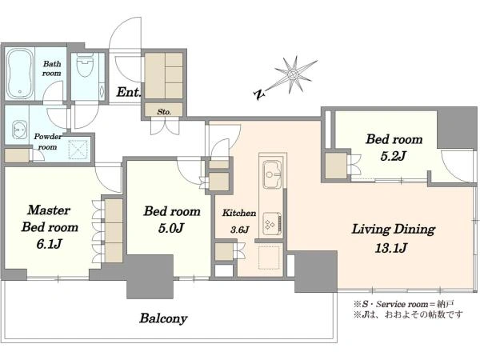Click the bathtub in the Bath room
pos(19,74)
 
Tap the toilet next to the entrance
pos(85,65)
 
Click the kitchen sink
pos(272,174)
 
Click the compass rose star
pos(293,74)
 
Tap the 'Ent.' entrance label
pos(129,92)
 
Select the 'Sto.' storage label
pos(164,112)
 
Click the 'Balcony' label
pos(163,318)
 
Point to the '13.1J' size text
pos(391,248)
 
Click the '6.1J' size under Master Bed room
pos(50,244)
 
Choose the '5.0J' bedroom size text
pos(171,228)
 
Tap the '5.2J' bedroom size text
pos(393,157)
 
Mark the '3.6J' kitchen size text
pos(240,230)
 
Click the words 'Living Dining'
pos(394,230)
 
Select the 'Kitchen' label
pos(239,213)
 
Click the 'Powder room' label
pos(48,142)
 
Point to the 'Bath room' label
pos(52,69)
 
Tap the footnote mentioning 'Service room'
pos(403,304)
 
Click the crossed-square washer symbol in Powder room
pos(78,150)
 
